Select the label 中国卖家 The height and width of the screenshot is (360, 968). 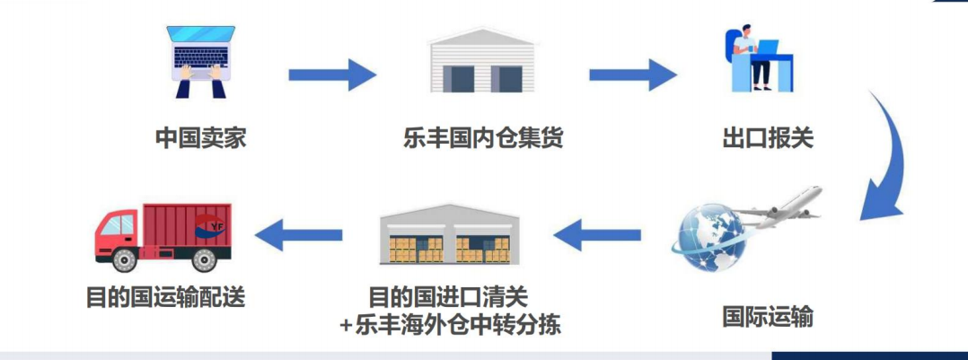201,139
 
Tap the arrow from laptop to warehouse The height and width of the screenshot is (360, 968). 332,74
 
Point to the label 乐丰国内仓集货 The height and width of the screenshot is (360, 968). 483,139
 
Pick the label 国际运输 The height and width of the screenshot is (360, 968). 768,317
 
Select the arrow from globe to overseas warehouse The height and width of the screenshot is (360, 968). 597,236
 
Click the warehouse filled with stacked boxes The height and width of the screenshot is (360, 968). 448,236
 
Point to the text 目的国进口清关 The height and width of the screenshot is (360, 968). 448,294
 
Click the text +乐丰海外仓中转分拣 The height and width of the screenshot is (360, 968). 451,323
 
